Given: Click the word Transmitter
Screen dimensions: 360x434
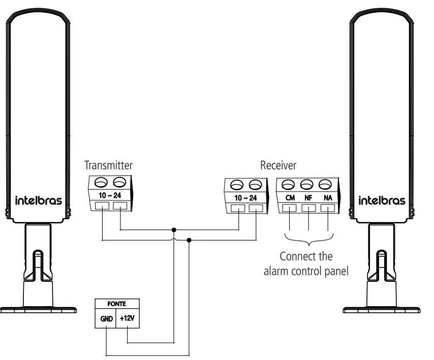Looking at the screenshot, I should point(108,165).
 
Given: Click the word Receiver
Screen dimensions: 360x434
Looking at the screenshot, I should point(278,165).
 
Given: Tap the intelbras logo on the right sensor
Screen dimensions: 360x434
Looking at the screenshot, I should point(382,200).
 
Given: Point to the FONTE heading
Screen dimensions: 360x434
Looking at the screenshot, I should point(116,304).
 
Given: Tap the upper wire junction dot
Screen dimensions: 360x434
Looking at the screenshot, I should point(174,229).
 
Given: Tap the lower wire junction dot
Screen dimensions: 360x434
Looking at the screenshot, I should point(190,239).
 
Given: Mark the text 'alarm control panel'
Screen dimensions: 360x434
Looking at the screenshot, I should point(306,271).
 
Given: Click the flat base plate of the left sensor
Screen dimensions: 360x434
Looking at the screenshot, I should point(38,308).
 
